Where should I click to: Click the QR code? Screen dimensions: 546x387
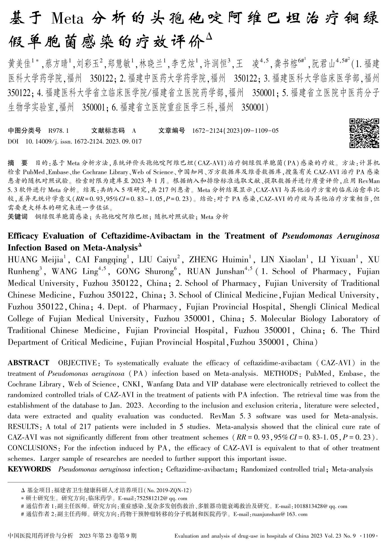[x=364, y=133]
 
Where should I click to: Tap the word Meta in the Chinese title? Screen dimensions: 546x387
[x=68, y=19]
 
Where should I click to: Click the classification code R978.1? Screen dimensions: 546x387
[x=59, y=131]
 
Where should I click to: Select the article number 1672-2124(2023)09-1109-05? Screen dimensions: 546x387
[x=235, y=131]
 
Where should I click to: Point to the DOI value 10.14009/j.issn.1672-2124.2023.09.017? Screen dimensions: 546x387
[x=84, y=141]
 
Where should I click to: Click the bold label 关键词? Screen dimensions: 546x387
[x=17, y=216]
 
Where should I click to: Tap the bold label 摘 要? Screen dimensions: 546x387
[x=18, y=163]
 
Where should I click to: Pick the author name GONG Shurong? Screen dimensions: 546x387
[x=145, y=271]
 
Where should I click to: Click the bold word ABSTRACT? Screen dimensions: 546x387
[x=28, y=363]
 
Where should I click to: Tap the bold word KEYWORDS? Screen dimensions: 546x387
[x=29, y=469]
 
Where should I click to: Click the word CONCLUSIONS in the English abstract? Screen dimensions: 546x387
[x=32, y=448]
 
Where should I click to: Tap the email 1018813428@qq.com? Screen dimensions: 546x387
[x=311, y=506]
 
